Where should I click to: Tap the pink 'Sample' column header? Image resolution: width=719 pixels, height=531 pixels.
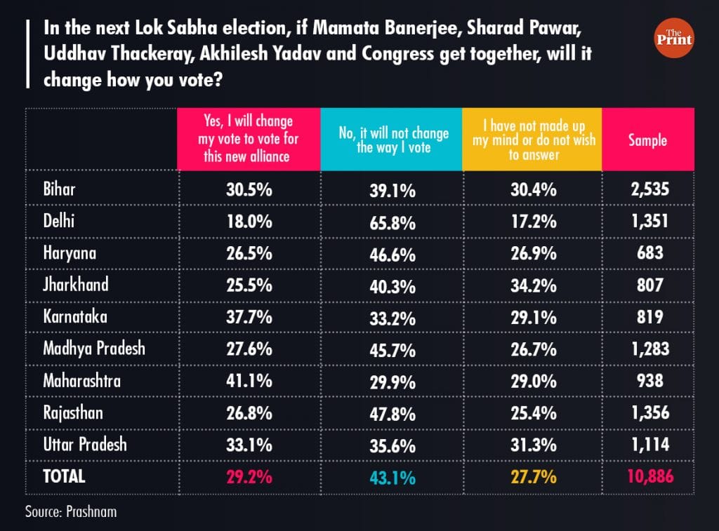(x=647, y=140)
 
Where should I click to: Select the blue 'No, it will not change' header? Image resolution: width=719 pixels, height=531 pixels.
(x=390, y=140)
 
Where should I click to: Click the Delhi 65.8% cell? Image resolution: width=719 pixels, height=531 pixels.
(x=390, y=223)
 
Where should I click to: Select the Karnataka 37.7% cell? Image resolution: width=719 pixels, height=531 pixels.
(x=249, y=317)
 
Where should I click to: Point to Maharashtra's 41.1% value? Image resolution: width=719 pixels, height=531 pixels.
(x=249, y=381)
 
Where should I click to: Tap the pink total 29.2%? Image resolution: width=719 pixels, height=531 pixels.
(x=249, y=477)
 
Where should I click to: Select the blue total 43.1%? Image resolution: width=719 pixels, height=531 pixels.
(x=390, y=478)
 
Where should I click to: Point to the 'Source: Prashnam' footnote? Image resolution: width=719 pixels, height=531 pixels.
(x=71, y=511)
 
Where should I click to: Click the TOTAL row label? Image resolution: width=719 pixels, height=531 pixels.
(x=64, y=476)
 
